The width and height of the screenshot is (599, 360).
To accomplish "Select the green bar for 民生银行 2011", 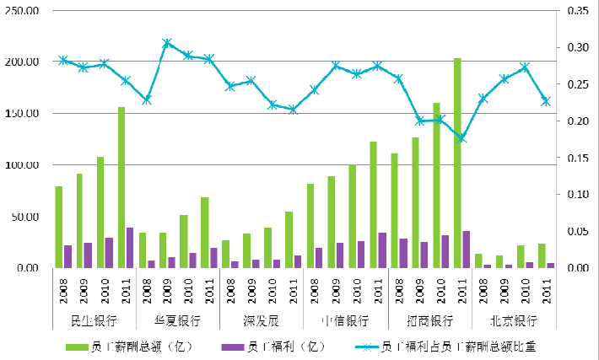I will (121, 187).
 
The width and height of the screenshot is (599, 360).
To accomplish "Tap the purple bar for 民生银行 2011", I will (130, 248).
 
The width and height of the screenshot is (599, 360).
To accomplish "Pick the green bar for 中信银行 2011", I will (374, 205).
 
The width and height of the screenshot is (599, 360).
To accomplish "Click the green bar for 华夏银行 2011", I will (205, 233).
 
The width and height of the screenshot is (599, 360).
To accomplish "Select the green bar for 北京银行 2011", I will (542, 255).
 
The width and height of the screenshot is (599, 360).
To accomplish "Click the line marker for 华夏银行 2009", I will (167, 43).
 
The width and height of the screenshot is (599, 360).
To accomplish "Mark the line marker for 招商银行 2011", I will (461, 137).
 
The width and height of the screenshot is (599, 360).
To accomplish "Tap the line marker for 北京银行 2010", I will (525, 67).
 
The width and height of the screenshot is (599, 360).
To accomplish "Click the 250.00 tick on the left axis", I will (22, 11).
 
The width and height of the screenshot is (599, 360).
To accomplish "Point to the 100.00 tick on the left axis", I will (22, 165).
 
